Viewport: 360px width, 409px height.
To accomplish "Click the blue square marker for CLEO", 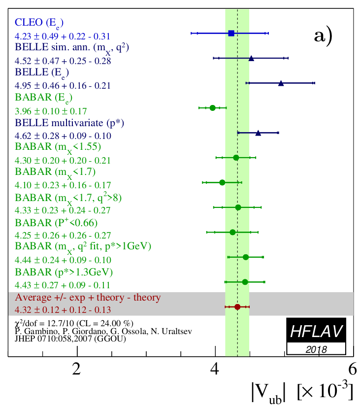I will (x=231, y=33).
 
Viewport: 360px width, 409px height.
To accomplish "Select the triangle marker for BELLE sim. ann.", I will (x=251, y=58).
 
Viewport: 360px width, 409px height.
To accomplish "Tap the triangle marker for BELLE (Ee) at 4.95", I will (x=281, y=83).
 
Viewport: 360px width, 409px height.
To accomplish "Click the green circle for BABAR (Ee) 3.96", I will (x=212, y=107).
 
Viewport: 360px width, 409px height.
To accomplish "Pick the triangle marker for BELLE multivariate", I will (x=258, y=133).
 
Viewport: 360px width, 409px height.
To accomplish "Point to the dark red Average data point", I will (x=237, y=307).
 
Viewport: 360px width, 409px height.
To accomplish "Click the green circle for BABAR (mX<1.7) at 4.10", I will (x=222, y=182).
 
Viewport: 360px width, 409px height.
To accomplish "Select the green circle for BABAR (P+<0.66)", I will (x=232, y=232).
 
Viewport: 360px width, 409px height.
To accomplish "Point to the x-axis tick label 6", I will (x=352, y=369).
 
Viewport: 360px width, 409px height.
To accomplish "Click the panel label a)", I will (x=324, y=35).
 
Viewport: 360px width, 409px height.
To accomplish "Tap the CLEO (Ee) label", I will (x=39, y=23).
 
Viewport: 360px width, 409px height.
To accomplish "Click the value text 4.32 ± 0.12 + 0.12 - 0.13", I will (x=63, y=310).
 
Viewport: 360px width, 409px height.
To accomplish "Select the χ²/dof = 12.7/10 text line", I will (x=74, y=323).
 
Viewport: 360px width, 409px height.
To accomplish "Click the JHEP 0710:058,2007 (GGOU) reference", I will (x=70, y=339).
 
